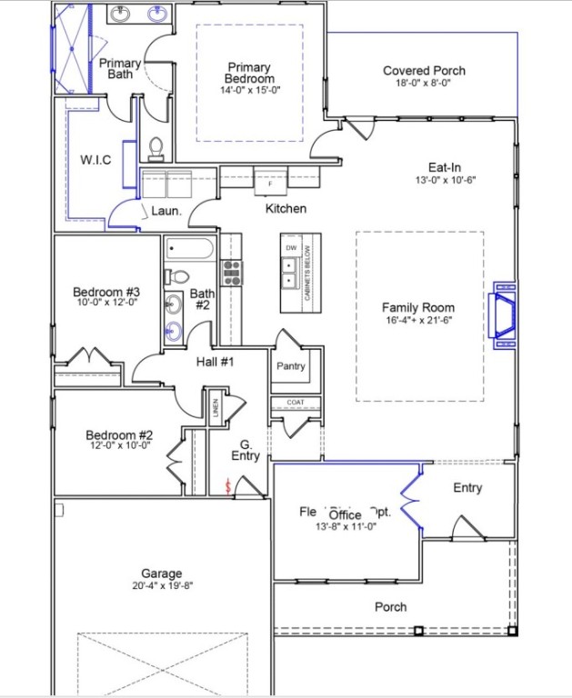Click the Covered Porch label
point(424,71)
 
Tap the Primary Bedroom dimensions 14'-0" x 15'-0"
point(249,91)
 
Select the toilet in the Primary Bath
point(156,147)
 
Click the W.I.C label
point(95,160)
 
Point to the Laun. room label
point(166,210)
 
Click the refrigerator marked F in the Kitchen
point(270,182)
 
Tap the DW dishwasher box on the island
point(291,247)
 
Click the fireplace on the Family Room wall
point(503,314)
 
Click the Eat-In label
point(445,167)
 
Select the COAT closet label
point(295,403)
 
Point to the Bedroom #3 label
point(106,292)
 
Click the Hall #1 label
point(216,362)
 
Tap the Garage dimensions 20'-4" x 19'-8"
point(161,586)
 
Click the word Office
point(346,514)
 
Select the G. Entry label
point(245,450)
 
